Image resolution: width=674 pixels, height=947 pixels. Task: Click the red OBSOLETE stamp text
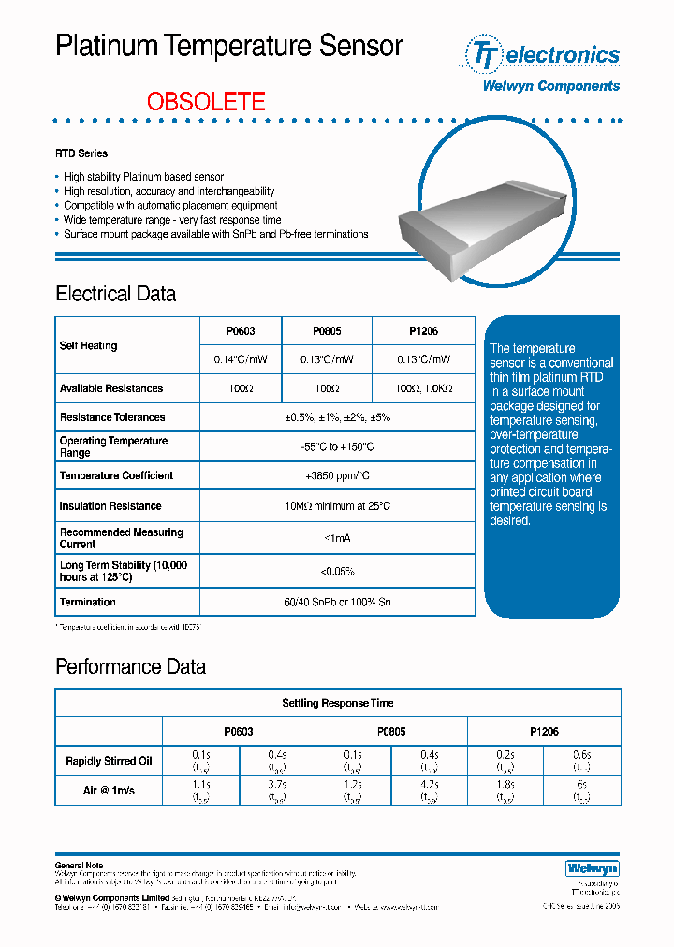click(206, 101)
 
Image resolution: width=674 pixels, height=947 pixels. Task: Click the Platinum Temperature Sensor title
click(229, 46)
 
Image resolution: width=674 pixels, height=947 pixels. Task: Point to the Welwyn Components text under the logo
click(550, 86)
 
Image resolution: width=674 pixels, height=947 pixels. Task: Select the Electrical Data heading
click(115, 294)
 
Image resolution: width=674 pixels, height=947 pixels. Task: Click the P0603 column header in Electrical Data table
click(241, 331)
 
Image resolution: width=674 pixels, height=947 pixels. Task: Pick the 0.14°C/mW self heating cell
click(241, 360)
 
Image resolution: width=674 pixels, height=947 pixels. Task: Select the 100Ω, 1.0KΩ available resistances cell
click(423, 388)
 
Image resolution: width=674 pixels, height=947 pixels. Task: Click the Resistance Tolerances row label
click(112, 417)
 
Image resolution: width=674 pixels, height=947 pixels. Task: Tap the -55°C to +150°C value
click(337, 446)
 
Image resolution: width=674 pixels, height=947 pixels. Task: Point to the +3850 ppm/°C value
click(337, 475)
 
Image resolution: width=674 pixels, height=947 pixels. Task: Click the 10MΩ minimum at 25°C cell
click(337, 506)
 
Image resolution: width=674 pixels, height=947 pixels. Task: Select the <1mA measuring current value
click(337, 538)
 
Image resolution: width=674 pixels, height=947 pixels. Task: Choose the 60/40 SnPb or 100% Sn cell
click(337, 602)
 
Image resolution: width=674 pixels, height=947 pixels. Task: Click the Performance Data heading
click(130, 667)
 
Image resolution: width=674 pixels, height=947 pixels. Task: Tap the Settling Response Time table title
click(338, 703)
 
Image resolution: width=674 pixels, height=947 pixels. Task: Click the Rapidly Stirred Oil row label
click(109, 761)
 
